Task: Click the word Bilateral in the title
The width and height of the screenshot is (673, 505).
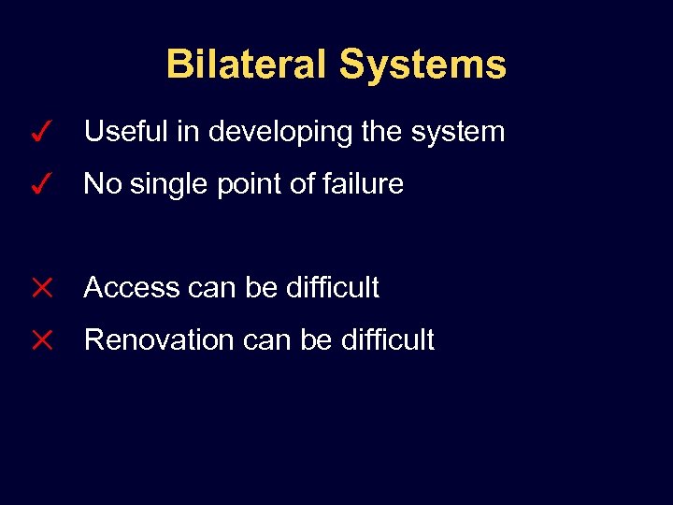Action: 248,65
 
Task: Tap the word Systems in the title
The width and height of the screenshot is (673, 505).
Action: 422,65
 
